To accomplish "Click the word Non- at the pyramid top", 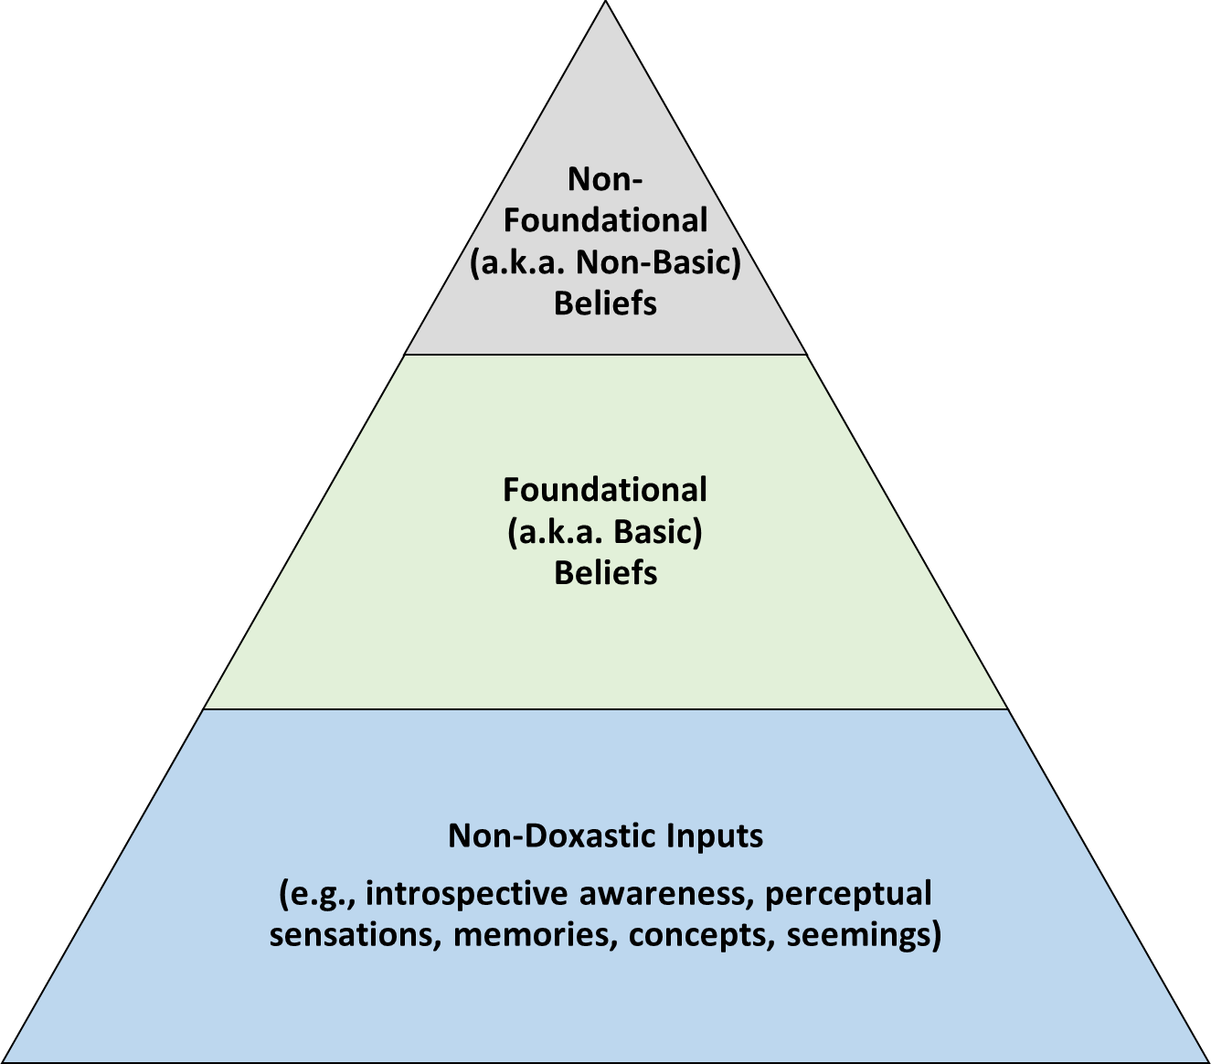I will (605, 179).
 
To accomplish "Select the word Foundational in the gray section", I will (605, 220).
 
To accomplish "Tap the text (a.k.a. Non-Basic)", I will (605, 262).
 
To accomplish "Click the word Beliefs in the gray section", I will (605, 303).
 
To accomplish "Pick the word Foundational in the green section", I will (605, 490).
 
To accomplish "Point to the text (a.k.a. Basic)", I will (605, 532).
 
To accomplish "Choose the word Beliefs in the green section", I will (605, 573).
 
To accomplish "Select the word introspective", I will (467, 893).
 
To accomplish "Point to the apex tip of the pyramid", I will (605, 5).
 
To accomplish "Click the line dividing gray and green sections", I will (605, 354).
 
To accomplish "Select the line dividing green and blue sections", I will (605, 708).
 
